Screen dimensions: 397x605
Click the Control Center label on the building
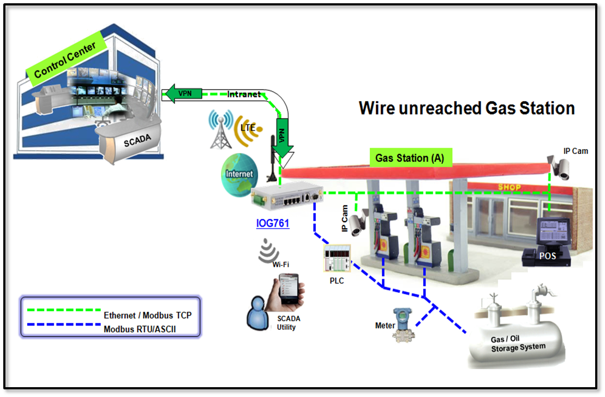coord(65,61)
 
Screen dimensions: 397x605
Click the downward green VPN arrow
coord(283,134)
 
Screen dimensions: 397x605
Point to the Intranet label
coord(243,94)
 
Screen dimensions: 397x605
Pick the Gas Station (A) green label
coord(410,158)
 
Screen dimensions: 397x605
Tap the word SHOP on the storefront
coord(508,187)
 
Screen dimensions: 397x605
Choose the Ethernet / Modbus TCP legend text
coord(147,316)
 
